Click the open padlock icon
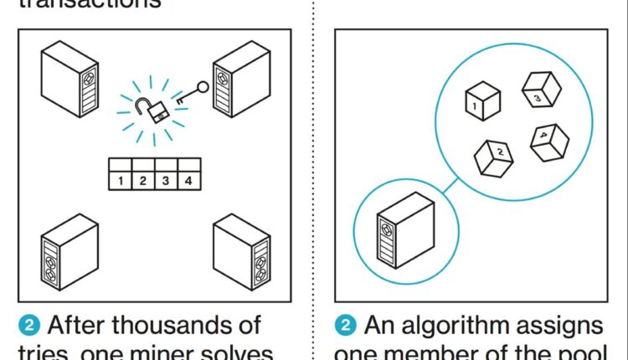pyautogui.click(x=154, y=110)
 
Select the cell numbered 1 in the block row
pyautogui.click(x=121, y=179)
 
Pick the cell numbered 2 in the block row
pyautogui.click(x=143, y=179)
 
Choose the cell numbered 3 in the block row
pyautogui.click(x=166, y=179)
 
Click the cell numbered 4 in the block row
pyautogui.click(x=188, y=179)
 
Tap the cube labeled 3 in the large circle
pyautogui.click(x=540, y=90)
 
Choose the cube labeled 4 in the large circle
pyautogui.click(x=548, y=139)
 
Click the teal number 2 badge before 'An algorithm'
pyautogui.click(x=345, y=325)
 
